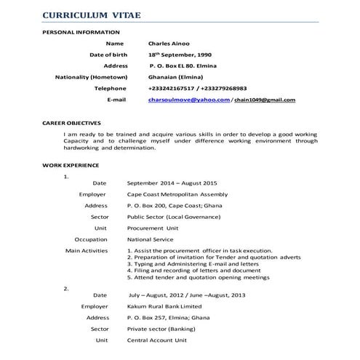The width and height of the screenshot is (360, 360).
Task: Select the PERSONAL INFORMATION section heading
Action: pos(81,33)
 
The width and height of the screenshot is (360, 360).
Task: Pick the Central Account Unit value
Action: pos(157,340)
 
